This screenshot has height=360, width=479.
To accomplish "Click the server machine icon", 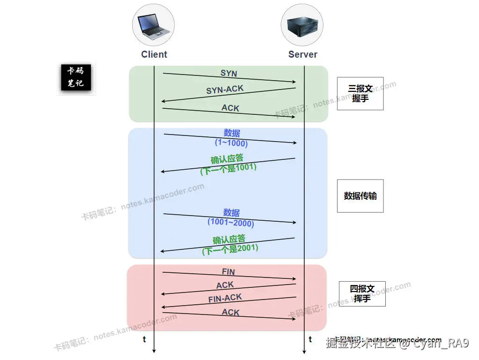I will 302,25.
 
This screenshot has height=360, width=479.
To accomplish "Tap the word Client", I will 154,54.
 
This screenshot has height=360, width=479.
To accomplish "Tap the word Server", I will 303,54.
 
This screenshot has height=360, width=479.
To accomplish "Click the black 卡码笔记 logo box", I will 76,78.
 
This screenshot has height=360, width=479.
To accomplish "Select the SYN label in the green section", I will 229,74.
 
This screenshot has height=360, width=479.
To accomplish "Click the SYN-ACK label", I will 225,89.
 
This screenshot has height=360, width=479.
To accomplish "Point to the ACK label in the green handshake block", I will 230,108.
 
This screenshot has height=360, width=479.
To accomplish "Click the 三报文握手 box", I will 360,94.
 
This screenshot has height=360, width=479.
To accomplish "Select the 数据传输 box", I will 360,196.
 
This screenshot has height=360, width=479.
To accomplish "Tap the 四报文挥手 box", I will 362,293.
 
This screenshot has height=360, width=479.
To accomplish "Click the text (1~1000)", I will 231,143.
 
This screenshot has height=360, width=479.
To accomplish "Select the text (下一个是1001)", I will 228,168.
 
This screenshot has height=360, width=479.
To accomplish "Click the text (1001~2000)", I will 231,223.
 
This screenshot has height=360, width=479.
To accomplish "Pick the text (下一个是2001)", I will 230,249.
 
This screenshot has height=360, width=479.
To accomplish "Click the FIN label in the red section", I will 228,272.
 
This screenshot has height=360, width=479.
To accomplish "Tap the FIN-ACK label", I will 225,298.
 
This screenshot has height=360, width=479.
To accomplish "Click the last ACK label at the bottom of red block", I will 231,312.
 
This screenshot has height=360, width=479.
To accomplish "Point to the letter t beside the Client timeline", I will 144,339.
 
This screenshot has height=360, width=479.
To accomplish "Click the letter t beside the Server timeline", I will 310,339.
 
